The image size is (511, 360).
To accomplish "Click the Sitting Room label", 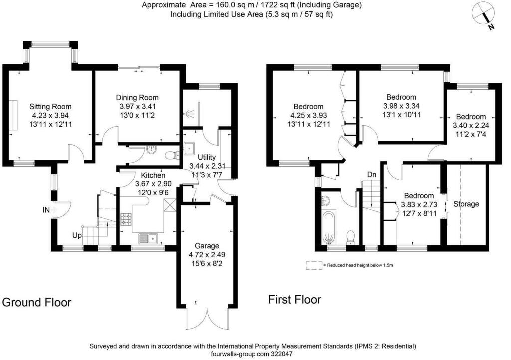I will click(x=50, y=106).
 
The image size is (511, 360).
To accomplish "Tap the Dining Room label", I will click(x=137, y=97).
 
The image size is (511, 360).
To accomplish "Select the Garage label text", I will click(x=207, y=246).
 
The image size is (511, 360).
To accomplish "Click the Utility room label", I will click(x=206, y=157).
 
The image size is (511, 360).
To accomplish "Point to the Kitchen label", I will click(x=153, y=176).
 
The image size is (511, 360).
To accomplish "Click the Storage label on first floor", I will click(x=466, y=204).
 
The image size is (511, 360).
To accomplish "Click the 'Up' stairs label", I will click(x=77, y=235).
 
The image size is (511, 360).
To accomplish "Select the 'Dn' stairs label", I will click(x=372, y=175).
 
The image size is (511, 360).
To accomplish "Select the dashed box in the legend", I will click(x=314, y=266).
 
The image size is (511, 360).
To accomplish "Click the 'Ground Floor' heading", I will click(x=37, y=302).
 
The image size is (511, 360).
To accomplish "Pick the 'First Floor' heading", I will click(x=294, y=300).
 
